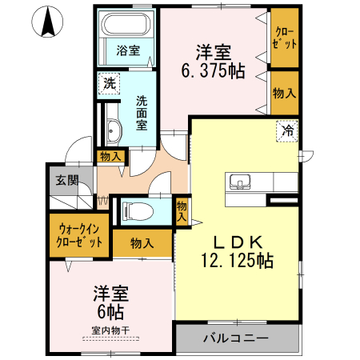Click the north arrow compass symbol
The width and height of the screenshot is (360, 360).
click(x=48, y=22)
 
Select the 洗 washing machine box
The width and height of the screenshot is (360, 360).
click(x=108, y=83)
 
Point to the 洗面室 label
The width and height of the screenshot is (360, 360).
click(x=142, y=113)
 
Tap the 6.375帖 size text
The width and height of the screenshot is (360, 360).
click(x=212, y=69)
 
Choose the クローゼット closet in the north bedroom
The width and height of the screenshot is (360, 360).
click(x=283, y=38)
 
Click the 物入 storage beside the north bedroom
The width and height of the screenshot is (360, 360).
click(x=283, y=93)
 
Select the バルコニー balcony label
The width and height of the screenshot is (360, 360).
click(x=234, y=338)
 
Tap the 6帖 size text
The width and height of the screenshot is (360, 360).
click(x=110, y=308)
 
